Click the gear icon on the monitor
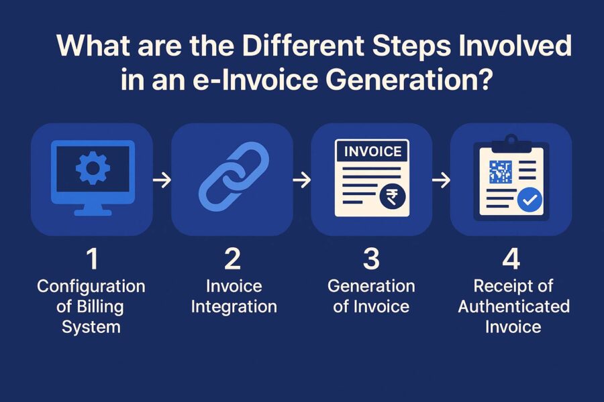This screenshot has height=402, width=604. (92, 167)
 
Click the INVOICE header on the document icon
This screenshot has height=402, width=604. (372, 151)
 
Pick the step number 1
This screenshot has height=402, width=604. (91, 260)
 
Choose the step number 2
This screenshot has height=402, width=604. (232, 260)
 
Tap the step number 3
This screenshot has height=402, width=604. (371, 260)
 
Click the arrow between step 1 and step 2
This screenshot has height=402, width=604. (162, 180)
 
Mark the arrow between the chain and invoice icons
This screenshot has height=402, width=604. (302, 180)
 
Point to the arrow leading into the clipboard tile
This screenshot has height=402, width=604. (440, 180)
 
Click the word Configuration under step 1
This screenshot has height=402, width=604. (91, 287)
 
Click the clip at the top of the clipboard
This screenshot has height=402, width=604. (511, 141)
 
